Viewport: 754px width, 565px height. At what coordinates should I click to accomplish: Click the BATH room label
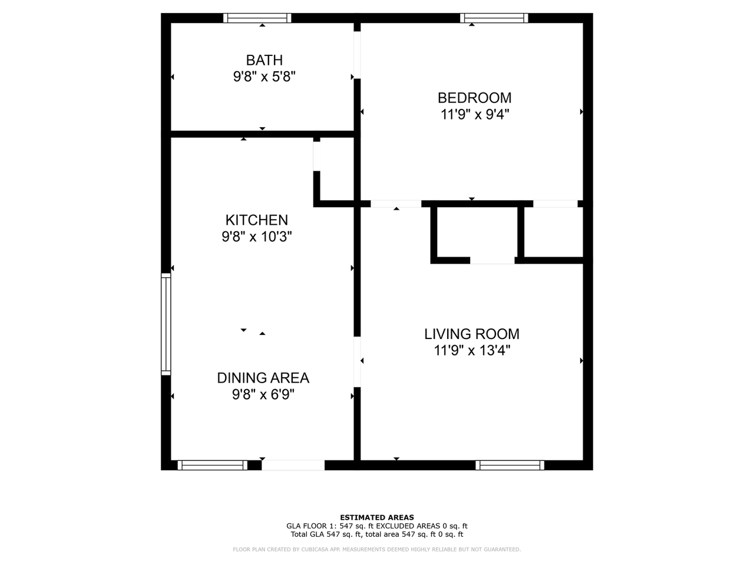click(264, 60)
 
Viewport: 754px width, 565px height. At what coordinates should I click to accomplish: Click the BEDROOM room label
click(474, 98)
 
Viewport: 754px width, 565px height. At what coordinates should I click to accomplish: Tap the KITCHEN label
click(257, 220)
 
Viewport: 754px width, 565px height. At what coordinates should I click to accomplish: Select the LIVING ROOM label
click(472, 334)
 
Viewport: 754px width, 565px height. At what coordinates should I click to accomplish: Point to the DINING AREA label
click(263, 378)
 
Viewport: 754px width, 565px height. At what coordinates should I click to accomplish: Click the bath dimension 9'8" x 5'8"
click(264, 77)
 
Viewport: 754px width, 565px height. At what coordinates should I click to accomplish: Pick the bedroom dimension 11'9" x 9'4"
click(474, 114)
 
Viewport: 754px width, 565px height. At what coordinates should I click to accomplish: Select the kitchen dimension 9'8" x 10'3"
click(257, 237)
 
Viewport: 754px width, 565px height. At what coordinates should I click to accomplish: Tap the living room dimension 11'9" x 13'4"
click(472, 351)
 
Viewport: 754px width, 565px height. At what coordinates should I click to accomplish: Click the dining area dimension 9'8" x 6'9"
click(263, 394)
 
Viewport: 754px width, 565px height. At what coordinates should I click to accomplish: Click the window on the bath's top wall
click(257, 18)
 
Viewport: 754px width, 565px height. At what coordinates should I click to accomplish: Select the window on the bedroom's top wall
click(494, 18)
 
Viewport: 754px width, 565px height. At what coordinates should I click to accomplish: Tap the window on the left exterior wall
click(166, 324)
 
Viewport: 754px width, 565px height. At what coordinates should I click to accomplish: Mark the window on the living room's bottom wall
click(510, 465)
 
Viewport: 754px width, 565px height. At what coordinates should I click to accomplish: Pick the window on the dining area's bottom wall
click(212, 465)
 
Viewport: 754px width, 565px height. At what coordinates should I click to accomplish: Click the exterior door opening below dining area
click(293, 465)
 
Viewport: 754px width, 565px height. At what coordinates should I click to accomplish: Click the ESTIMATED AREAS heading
click(377, 518)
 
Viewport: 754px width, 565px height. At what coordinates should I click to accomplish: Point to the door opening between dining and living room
click(357, 362)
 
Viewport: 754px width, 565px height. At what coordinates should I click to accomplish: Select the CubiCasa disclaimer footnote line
click(377, 550)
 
